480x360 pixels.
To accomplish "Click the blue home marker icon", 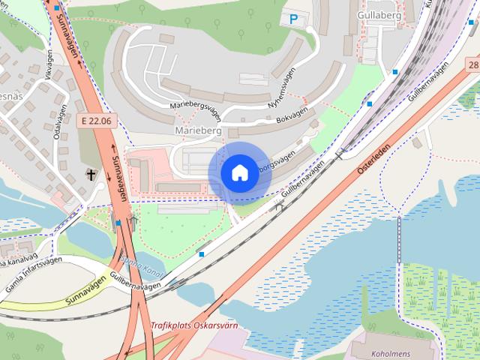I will pyautogui.click(x=238, y=172).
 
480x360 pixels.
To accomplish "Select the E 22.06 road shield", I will pyautogui.click(x=97, y=119).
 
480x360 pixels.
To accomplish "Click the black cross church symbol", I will pyautogui.click(x=91, y=175).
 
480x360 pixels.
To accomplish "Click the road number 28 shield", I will pyautogui.click(x=472, y=66).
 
